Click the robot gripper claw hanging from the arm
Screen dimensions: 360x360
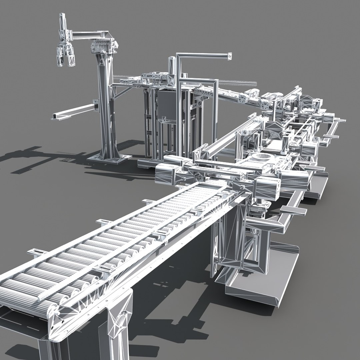[x=65, y=55]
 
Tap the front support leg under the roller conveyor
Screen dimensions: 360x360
[x=118, y=320]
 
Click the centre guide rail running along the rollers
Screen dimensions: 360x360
[x=133, y=240]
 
